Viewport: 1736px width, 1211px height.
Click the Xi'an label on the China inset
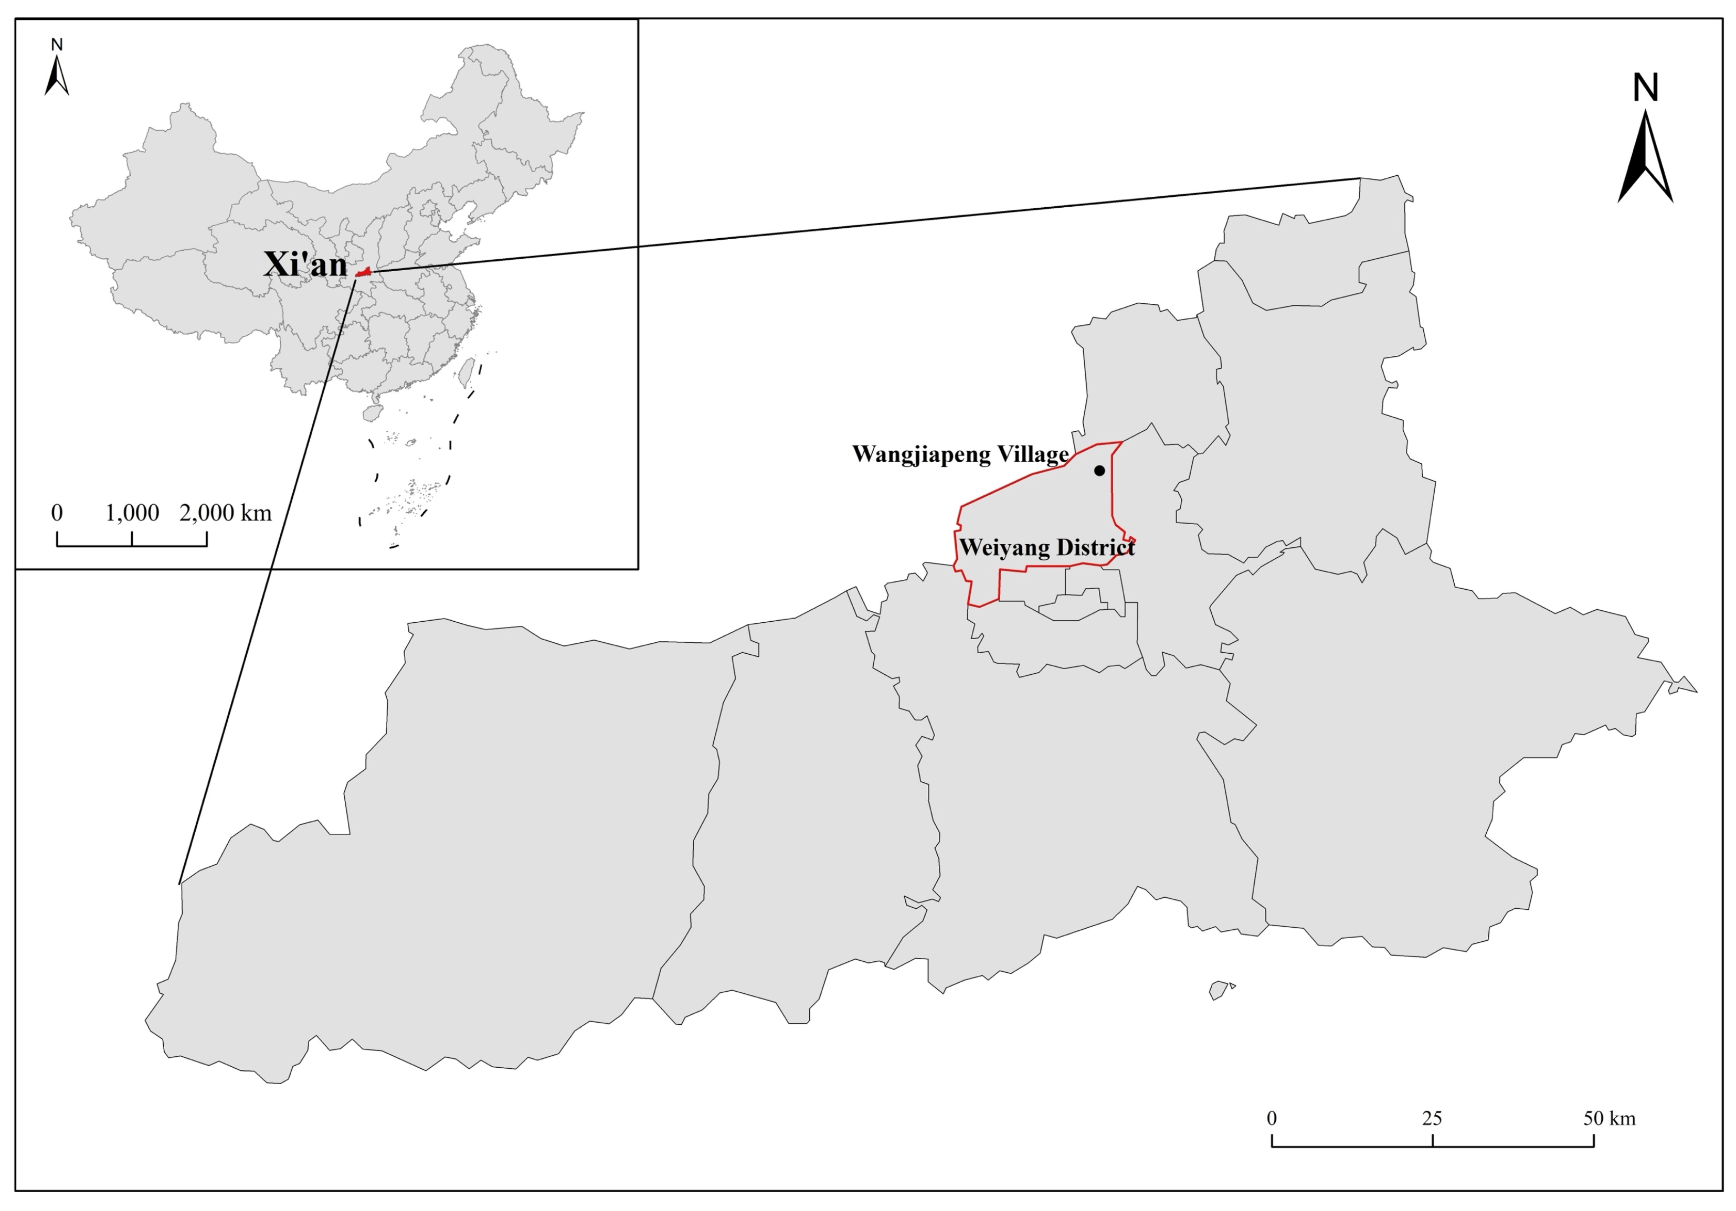pos(305,264)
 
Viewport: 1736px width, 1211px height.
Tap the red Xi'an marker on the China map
pos(364,271)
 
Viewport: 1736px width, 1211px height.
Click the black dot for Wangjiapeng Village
pos(1099,470)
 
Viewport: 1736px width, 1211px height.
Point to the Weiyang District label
pos(1047,547)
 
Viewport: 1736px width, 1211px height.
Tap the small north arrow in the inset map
pos(57,76)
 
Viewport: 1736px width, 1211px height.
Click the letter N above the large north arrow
pos(1645,89)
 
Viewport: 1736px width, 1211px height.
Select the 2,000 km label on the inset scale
pos(225,513)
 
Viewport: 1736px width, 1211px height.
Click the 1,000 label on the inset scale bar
pos(132,513)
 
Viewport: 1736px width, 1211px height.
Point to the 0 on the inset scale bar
pos(57,513)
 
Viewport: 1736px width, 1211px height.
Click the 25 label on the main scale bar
pos(1432,1118)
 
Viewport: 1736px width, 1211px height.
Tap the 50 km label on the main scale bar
pos(1610,1118)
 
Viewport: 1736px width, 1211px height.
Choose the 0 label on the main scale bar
pos(1273,1118)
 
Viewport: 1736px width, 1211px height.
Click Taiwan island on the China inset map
pos(467,370)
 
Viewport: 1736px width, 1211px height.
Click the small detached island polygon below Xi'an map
pos(1219,990)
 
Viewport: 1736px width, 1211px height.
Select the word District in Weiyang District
pos(1096,547)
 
